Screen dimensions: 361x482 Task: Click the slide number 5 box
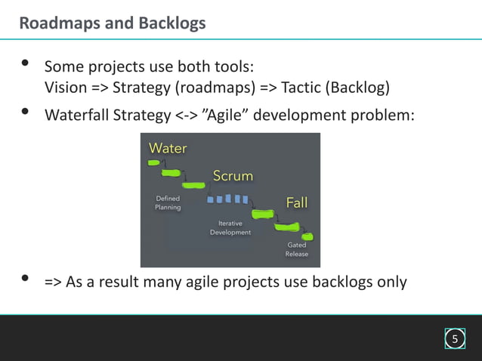point(454,338)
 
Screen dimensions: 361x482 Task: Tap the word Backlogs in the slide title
point(171,23)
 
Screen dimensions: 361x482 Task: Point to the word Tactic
point(301,88)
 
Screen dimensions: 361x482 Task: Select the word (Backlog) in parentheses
point(357,88)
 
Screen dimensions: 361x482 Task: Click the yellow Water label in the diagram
point(168,148)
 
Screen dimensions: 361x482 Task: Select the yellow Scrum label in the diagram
point(233,176)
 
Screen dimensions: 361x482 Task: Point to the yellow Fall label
point(296,202)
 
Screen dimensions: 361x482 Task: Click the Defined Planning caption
point(168,202)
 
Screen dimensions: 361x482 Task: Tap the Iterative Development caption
point(230,228)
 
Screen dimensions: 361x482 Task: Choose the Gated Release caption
point(296,250)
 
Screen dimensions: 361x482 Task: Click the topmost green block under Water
point(154,162)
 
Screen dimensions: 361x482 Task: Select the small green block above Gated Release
point(307,236)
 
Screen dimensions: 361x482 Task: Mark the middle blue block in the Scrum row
point(228,199)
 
